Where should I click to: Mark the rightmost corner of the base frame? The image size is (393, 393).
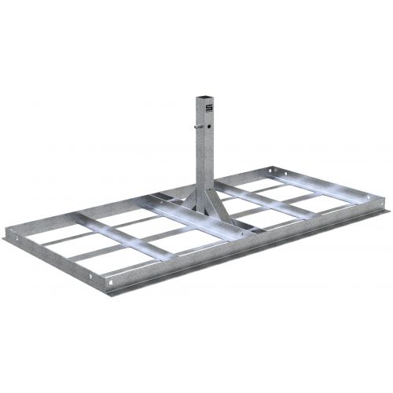386,202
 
